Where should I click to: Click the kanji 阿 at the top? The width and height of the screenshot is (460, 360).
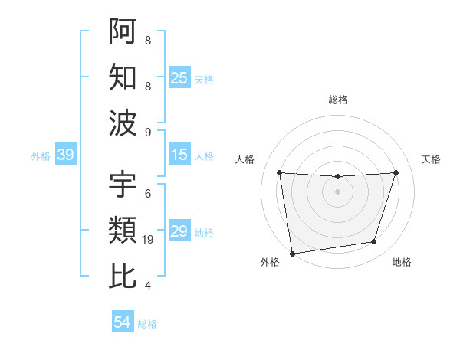[123, 31]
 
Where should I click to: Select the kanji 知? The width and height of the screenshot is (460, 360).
[123, 77]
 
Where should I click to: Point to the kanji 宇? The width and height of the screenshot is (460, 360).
[123, 184]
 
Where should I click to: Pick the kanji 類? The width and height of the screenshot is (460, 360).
[123, 230]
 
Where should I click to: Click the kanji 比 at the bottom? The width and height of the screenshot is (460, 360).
[123, 276]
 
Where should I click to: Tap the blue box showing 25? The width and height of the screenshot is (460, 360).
[179, 77]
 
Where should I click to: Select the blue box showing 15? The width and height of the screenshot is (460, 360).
[179, 155]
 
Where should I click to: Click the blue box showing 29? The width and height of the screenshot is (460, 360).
[179, 231]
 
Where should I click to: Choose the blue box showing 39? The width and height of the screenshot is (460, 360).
[65, 155]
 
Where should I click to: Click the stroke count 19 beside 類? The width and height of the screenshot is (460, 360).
[149, 240]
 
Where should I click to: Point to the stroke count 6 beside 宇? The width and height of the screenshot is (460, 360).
[147, 194]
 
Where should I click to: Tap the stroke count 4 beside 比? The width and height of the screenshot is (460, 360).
[147, 286]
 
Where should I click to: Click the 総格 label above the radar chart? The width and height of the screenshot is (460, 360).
[337, 100]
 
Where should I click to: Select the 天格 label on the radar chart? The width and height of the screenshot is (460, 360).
[432, 159]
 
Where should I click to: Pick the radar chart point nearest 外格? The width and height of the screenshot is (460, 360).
[292, 253]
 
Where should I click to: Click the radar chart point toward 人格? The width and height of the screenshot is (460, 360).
[280, 172]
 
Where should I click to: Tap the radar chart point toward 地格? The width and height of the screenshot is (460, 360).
[374, 242]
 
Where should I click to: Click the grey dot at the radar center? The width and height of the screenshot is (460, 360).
[337, 191]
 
